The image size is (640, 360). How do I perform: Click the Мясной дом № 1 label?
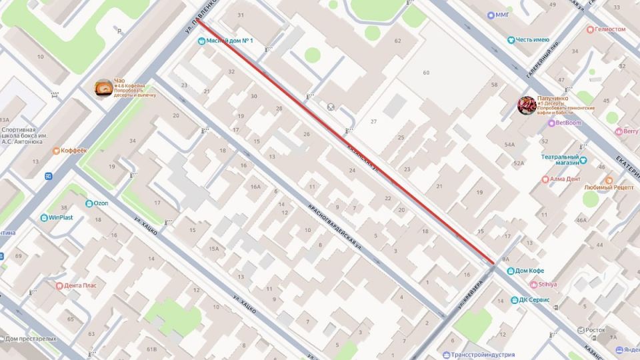(x=229, y=41)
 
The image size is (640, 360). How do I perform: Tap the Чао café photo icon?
(x=103, y=87)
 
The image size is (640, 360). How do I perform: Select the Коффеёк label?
(x=73, y=151)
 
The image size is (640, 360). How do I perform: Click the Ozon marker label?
(x=101, y=203)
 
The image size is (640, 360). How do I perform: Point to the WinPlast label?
(x=61, y=217)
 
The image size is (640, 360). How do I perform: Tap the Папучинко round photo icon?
(x=527, y=105)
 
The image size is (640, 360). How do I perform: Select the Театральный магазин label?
(x=560, y=160)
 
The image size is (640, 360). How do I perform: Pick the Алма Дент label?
(x=565, y=179)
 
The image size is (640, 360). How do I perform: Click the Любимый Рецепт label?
(x=609, y=187)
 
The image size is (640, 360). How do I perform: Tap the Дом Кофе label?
(x=529, y=271)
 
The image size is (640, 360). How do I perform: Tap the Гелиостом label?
(x=610, y=29)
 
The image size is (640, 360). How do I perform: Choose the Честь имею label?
(x=531, y=40)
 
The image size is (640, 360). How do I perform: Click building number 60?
(x=426, y=73)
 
